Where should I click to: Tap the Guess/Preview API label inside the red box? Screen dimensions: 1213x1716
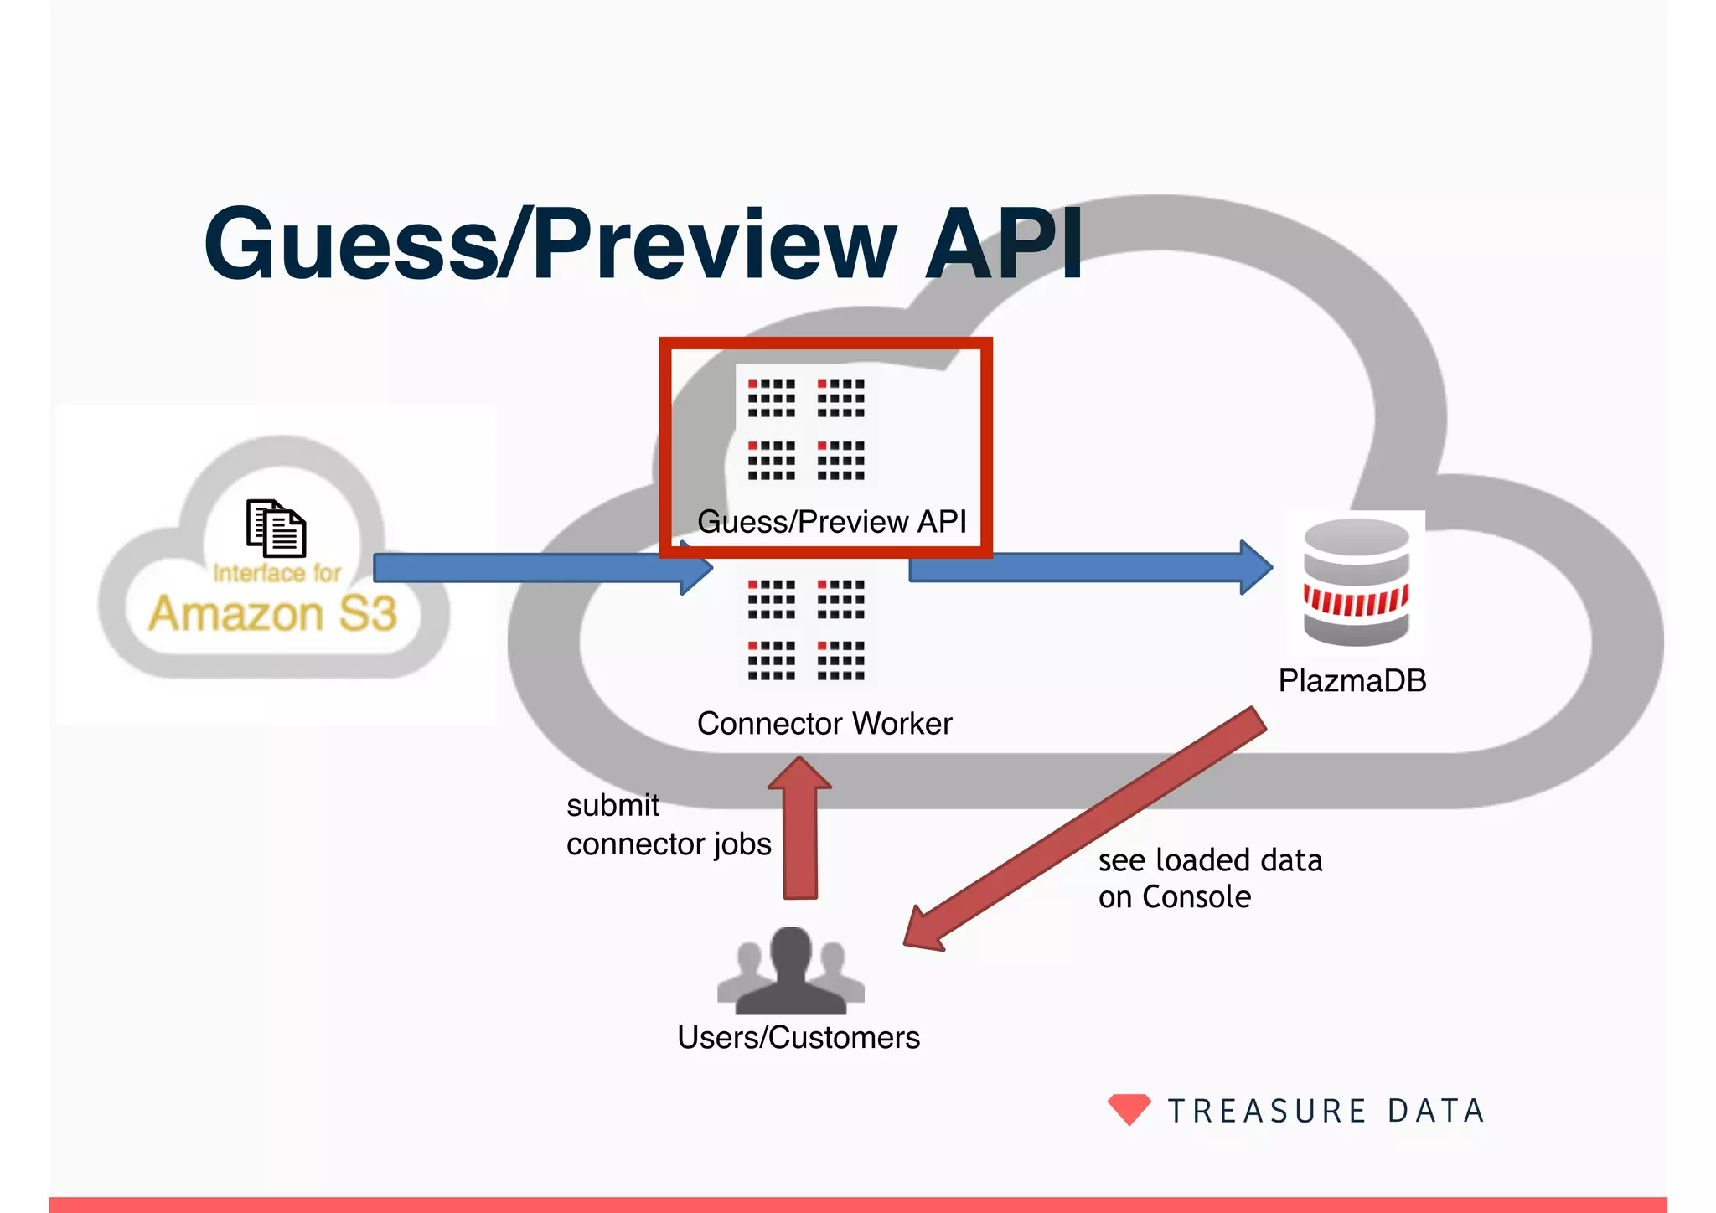point(831,521)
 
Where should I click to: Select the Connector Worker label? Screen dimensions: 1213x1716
point(824,723)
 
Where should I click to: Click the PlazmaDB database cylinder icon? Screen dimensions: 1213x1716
point(1356,582)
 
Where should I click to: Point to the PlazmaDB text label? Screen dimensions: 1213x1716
point(1352,680)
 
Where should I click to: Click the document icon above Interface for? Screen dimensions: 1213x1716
point(276,528)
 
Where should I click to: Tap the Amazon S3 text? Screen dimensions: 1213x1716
point(272,613)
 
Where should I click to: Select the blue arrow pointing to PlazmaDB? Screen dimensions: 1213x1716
point(1089,567)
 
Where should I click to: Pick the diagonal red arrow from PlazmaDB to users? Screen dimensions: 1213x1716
point(1089,829)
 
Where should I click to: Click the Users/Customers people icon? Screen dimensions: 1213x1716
point(790,972)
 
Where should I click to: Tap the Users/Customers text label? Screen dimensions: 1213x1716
point(798,1037)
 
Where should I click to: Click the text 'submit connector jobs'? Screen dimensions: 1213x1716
point(668,824)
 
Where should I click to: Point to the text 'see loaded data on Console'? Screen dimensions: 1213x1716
point(1209,878)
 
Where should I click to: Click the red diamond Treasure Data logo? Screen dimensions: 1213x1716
point(1129,1108)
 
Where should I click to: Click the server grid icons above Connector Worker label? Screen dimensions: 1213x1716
point(806,629)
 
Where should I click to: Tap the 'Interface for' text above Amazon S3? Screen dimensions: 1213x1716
point(277,573)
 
